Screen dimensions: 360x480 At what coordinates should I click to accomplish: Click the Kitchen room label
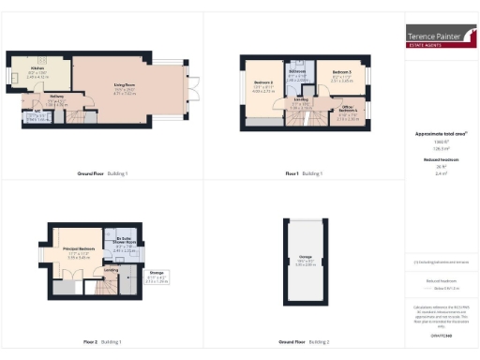tap(37, 70)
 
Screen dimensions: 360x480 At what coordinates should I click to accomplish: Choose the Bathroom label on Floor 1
tap(297, 73)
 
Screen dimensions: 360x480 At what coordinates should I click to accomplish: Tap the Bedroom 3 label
tap(340, 75)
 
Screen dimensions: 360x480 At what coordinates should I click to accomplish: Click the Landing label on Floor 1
tap(302, 101)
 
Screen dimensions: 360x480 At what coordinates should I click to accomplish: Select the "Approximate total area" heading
tap(441, 135)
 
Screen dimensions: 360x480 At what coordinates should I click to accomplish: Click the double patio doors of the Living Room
tap(193, 92)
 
